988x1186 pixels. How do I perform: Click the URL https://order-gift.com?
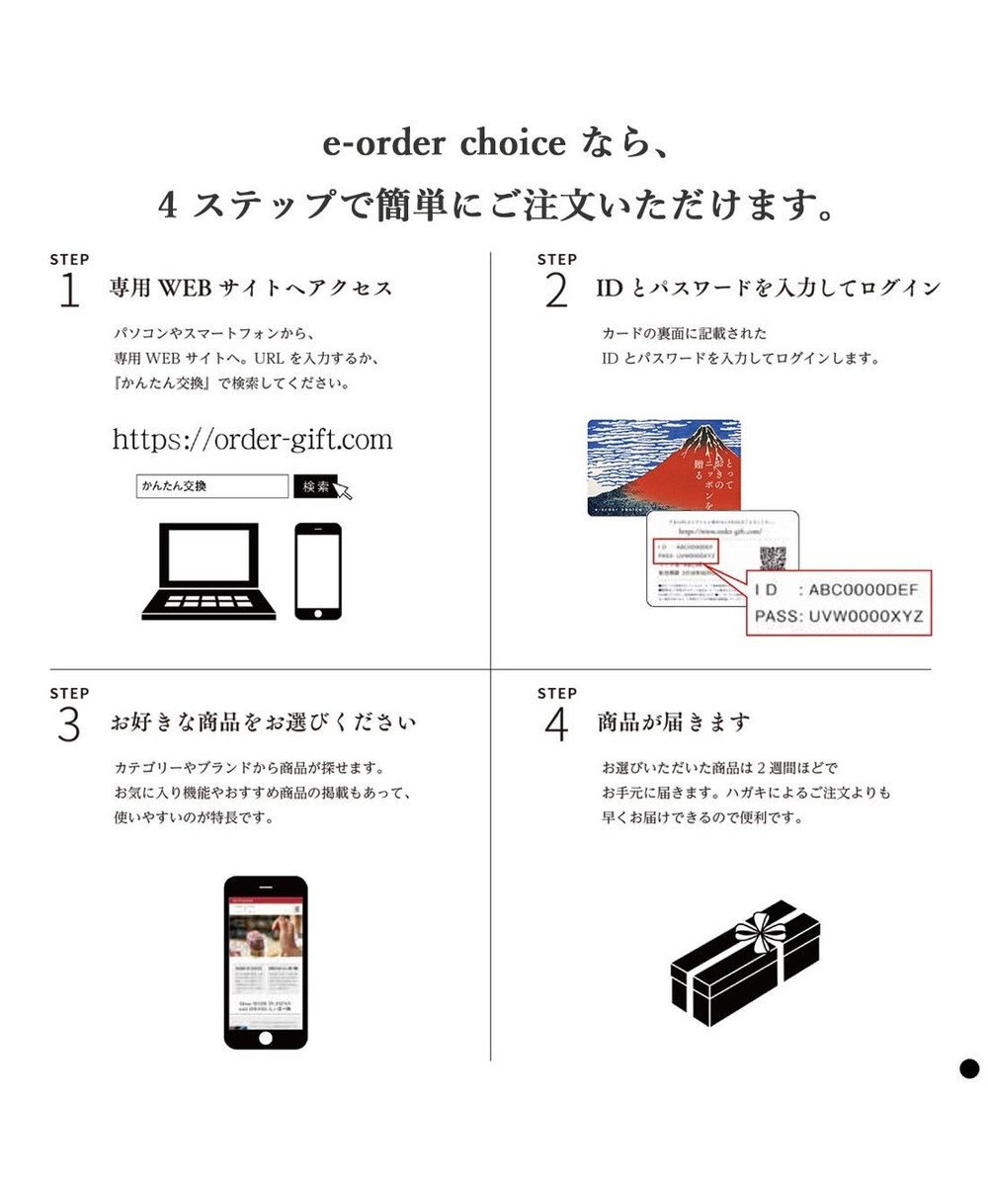(252, 439)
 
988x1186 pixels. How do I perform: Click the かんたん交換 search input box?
(211, 486)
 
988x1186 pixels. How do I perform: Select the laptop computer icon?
(206, 571)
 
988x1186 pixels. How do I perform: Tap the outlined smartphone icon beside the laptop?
(318, 570)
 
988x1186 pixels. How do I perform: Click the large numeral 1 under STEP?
(69, 291)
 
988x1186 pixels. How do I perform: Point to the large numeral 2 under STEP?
(556, 291)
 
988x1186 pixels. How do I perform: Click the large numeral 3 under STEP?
(69, 724)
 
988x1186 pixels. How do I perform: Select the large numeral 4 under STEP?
(556, 724)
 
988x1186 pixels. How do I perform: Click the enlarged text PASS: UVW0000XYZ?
(838, 616)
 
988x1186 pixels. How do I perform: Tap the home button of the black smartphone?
(265, 1039)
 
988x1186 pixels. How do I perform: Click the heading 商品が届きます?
(673, 722)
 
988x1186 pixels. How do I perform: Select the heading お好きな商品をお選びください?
(263, 722)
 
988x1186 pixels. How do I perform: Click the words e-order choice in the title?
(445, 144)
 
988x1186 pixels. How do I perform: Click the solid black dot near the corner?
(969, 1067)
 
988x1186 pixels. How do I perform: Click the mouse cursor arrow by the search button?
(345, 491)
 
